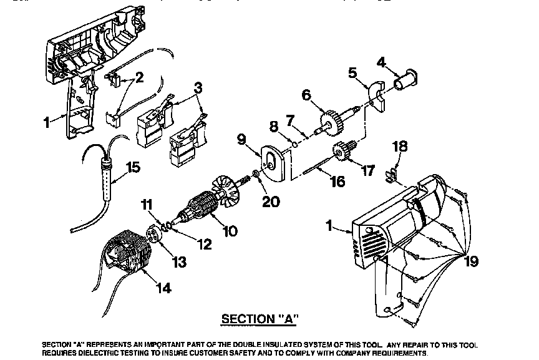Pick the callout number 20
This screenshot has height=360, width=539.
click(x=271, y=202)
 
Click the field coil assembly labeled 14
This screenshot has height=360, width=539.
click(x=128, y=256)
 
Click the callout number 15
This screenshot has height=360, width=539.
click(x=134, y=167)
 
